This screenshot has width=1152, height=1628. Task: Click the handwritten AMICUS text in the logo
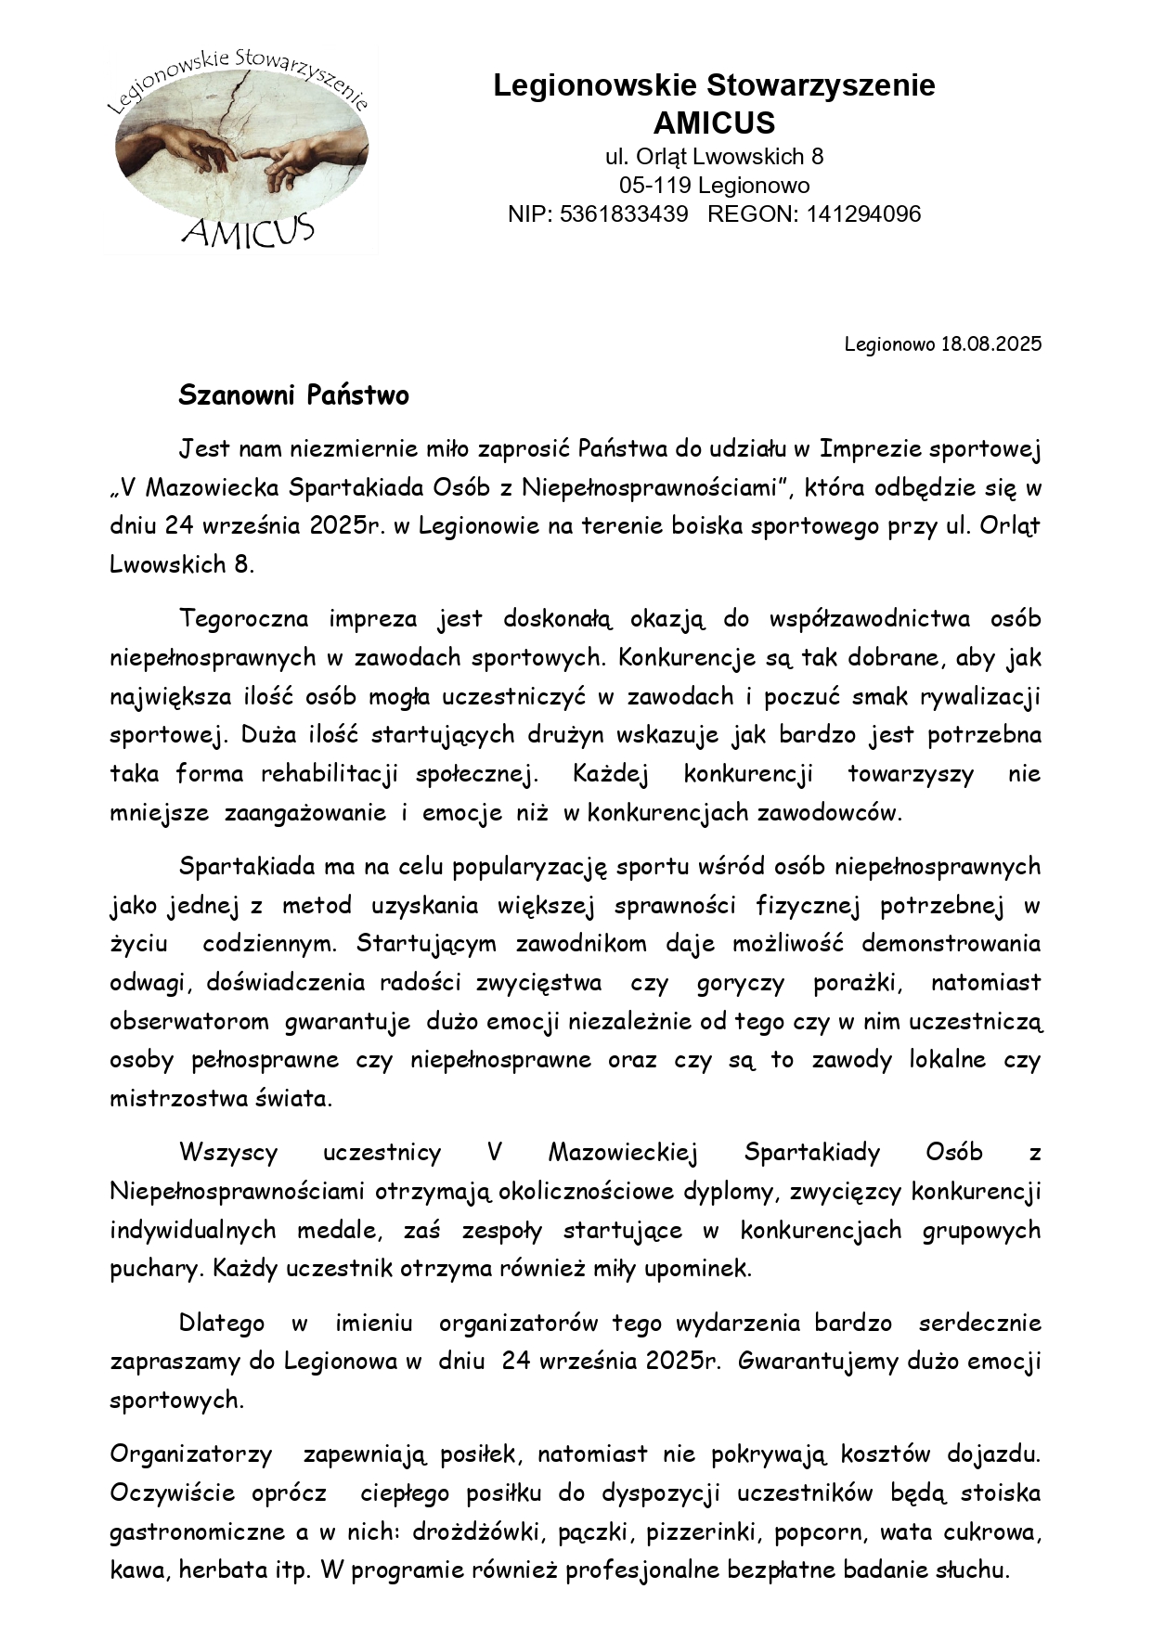[248, 229]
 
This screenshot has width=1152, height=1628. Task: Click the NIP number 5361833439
[625, 214]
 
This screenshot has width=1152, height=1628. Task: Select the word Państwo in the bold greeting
[357, 396]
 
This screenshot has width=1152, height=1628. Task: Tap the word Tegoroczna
[240, 619]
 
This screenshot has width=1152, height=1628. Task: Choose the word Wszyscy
[228, 1153]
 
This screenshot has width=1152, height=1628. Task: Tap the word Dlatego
[221, 1324]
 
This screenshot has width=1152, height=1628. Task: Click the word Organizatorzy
[190, 1454]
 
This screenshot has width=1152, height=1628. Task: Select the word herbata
[218, 1570]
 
